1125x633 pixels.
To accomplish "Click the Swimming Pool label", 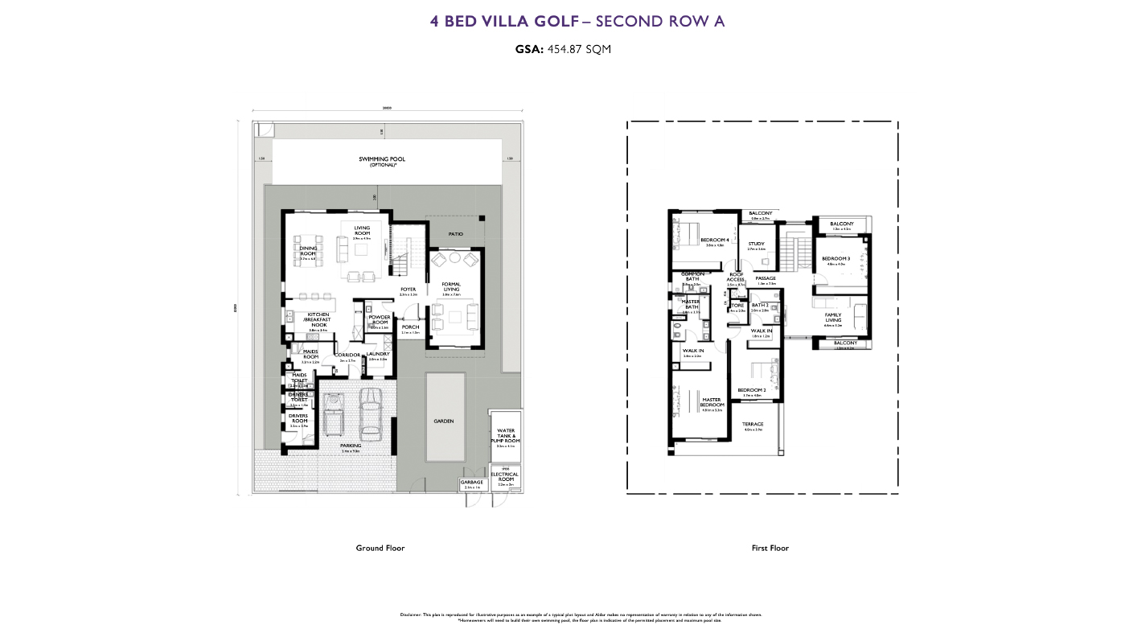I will coord(382,160).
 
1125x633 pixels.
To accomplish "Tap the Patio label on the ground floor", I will coord(456,234).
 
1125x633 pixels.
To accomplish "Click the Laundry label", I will coord(378,355).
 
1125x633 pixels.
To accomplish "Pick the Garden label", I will coord(444,421).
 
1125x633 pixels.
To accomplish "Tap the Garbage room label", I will coord(472,483).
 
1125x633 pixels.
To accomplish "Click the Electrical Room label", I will coord(505,476).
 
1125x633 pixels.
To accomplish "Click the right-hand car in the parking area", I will coord(371,412).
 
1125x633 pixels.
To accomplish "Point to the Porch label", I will coord(410,327).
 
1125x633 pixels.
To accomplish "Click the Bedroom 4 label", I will coord(714,240).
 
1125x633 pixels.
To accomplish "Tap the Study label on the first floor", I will coord(757,245).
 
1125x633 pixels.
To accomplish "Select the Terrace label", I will coord(753,424).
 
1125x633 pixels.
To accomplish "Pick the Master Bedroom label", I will coord(712,402).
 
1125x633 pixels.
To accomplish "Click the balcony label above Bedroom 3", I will coord(842,224).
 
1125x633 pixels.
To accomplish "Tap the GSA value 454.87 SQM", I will coord(579,49).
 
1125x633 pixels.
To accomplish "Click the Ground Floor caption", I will coord(380,548).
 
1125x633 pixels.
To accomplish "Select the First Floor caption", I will coord(770,548).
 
